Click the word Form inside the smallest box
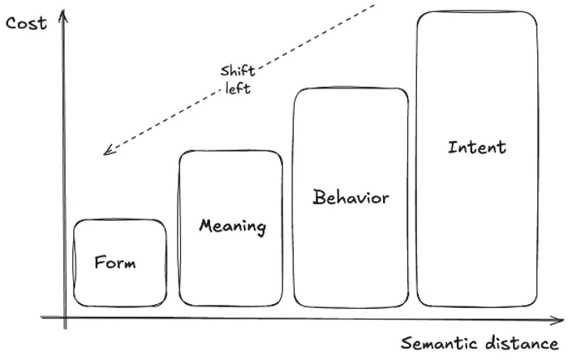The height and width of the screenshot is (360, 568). [115, 263]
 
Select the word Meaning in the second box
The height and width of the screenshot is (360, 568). [233, 225]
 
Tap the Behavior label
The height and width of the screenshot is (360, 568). [351, 197]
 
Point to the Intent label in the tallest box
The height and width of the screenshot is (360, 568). [476, 147]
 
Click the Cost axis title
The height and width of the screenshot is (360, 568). [26, 23]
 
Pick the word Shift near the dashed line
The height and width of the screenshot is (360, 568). [237, 70]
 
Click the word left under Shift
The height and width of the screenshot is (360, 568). [238, 88]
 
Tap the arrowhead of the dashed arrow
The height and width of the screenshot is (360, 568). [105, 152]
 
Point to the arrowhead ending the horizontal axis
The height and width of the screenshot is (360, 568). [560, 319]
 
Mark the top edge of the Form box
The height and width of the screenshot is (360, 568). [119, 220]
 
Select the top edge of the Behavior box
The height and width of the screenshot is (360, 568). [351, 88]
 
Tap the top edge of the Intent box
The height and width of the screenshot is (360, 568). [477, 12]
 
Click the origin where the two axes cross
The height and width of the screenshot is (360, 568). [65, 319]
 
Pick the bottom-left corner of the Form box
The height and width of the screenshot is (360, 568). [75, 304]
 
